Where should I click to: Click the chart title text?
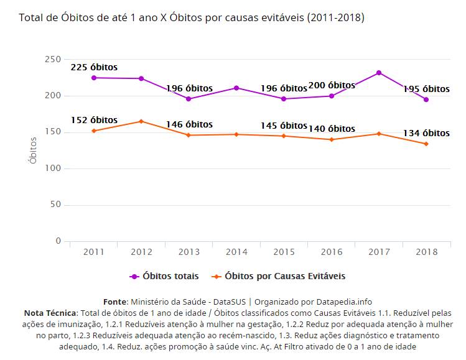pyautogui.click(x=192, y=17)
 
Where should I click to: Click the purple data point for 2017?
pyautogui.click(x=378, y=73)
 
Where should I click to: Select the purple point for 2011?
pyautogui.click(x=94, y=78)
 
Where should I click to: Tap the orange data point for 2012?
pyautogui.click(x=141, y=121)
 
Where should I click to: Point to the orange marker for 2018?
pyautogui.click(x=426, y=144)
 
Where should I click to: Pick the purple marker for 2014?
pyautogui.click(x=236, y=88)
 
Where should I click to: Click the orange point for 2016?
pyautogui.click(x=331, y=139)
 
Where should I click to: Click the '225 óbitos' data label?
pyautogui.click(x=94, y=67)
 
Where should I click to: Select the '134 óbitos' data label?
pyautogui.click(x=426, y=133)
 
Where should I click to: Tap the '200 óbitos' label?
pyautogui.click(x=332, y=85)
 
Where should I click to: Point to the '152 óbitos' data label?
pyautogui.click(x=94, y=120)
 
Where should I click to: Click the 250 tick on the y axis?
pyautogui.click(x=53, y=59)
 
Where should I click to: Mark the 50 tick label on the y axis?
pyautogui.click(x=55, y=205)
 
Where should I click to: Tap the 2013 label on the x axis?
pyautogui.click(x=189, y=252)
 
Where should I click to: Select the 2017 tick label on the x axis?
pyautogui.click(x=378, y=252)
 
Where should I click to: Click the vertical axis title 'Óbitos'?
pyautogui.click(x=33, y=150)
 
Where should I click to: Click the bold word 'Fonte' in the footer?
pyautogui.click(x=115, y=302)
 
